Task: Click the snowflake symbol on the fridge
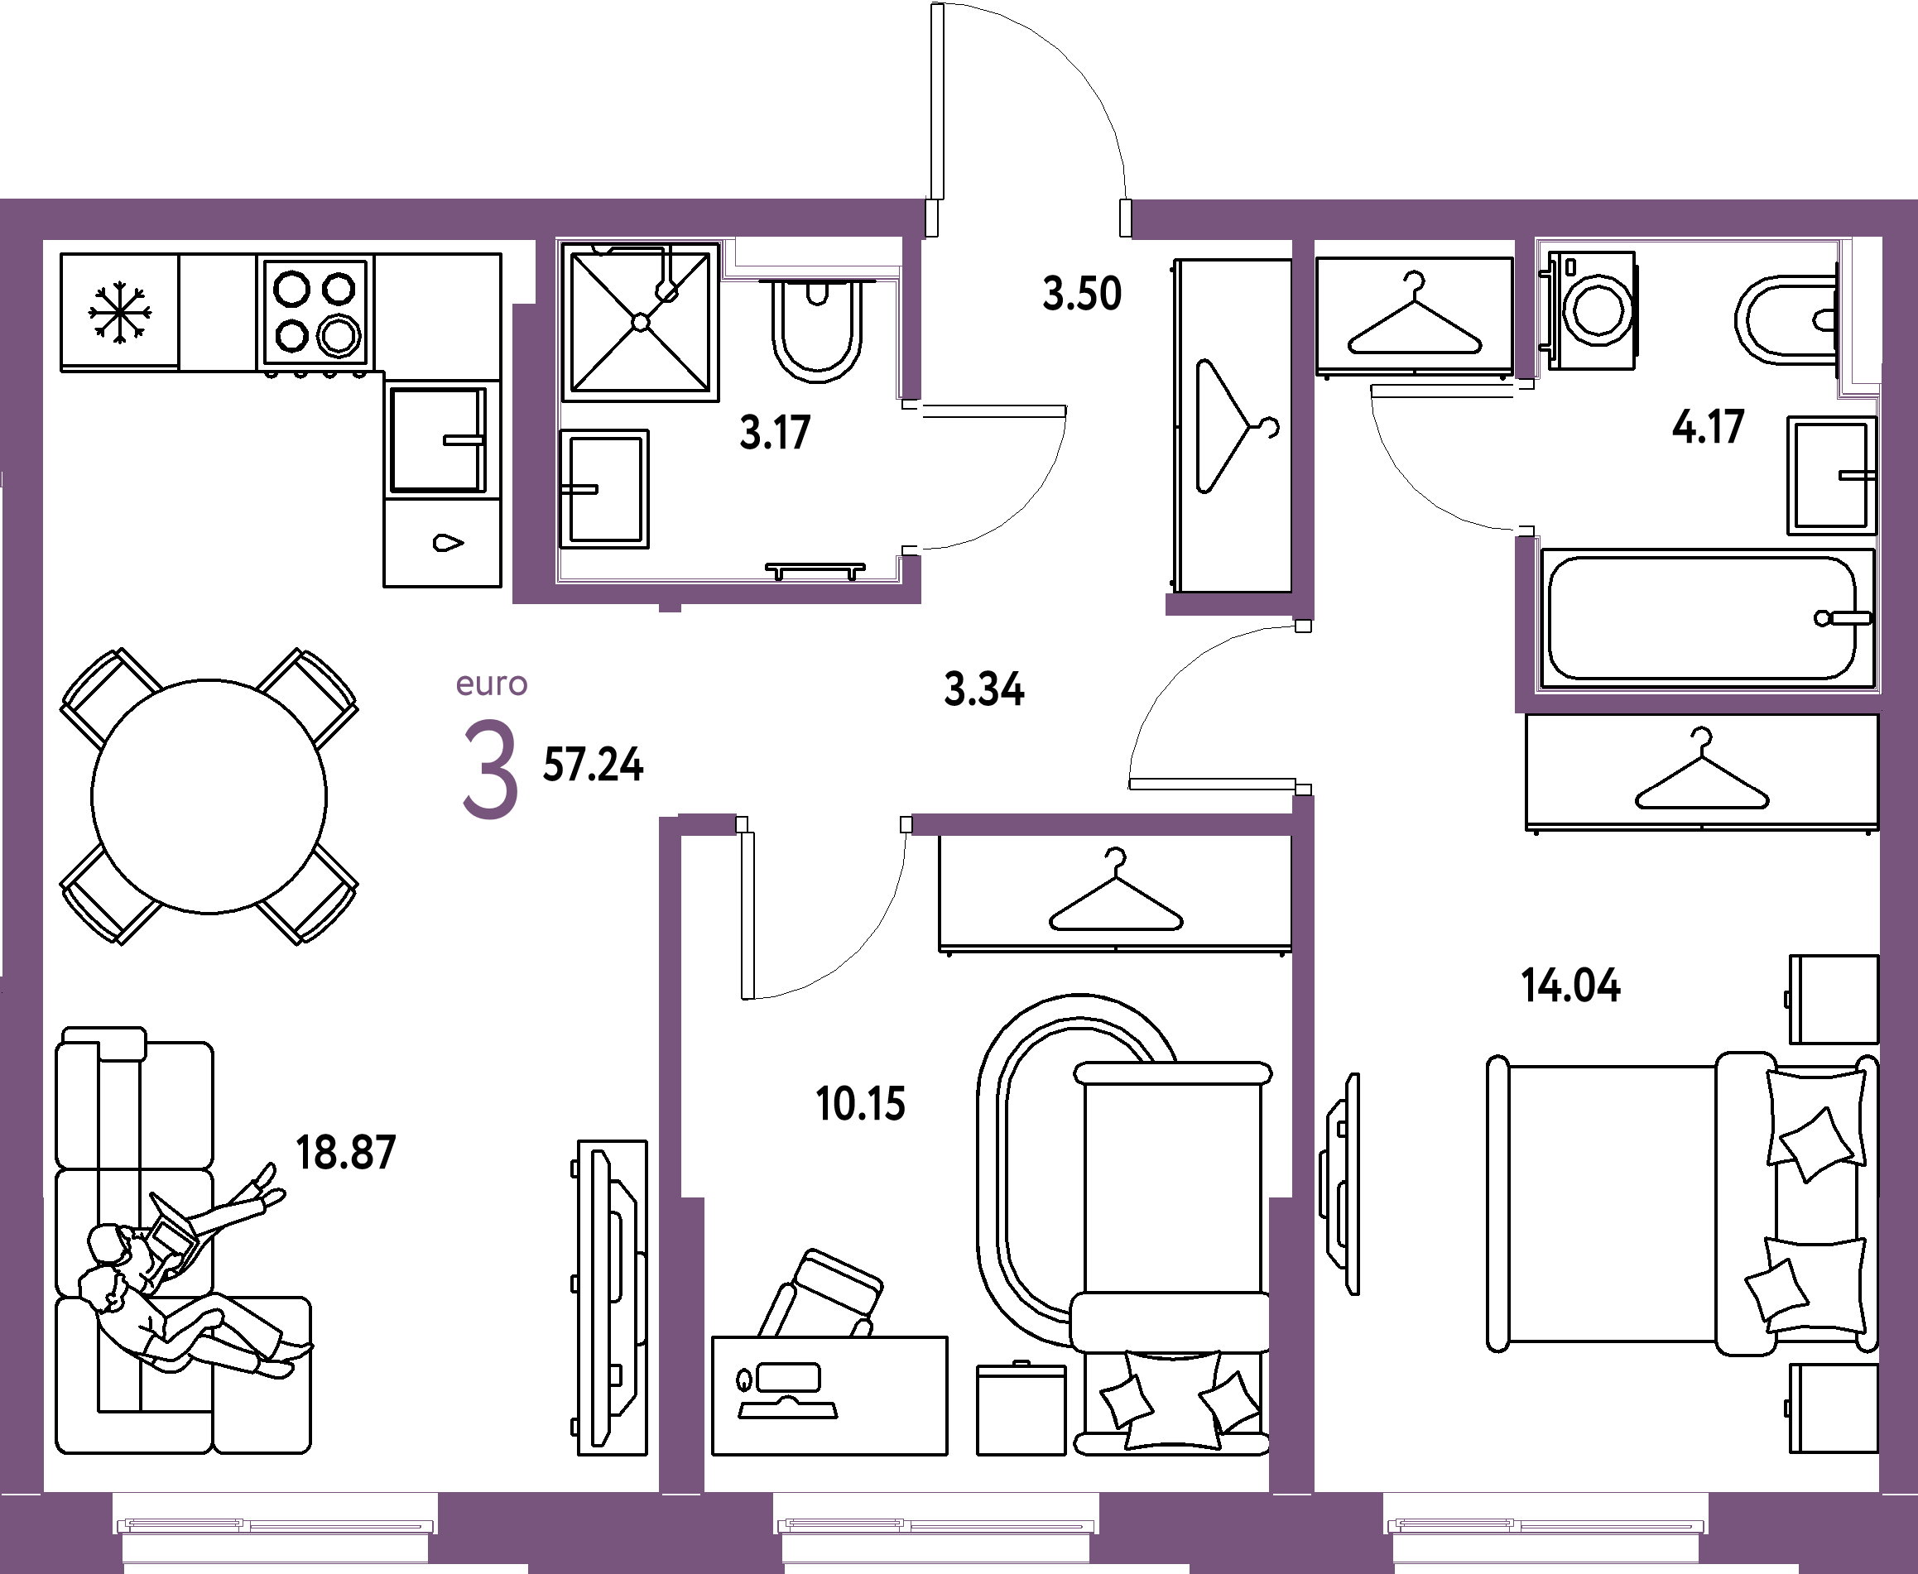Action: tap(119, 313)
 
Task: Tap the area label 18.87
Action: tap(346, 1153)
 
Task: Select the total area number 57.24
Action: tap(593, 765)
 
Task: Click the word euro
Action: tap(492, 684)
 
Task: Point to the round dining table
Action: tap(209, 796)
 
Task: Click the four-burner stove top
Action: tap(315, 313)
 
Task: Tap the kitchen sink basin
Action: tap(438, 439)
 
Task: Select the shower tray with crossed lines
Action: tap(640, 322)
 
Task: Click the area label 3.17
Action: tap(776, 433)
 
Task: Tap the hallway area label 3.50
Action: tap(1082, 294)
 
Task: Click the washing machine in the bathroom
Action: tap(1593, 310)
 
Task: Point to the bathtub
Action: tap(1706, 618)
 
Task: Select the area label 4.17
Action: tap(1709, 426)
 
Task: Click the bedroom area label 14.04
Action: tap(1570, 986)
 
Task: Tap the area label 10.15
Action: tap(861, 1104)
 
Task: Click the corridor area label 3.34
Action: tap(984, 689)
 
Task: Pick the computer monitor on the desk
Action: tap(787, 1378)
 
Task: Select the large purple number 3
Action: tap(491, 770)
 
